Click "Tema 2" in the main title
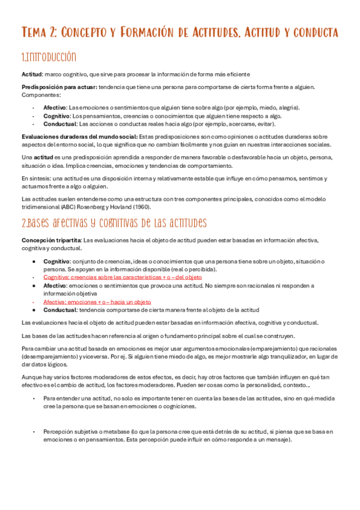coord(40,32)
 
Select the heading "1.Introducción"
coord(49,58)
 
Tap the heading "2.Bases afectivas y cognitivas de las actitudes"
coord(114,223)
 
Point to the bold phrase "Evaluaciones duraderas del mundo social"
coord(79,137)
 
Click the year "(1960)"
coord(139,207)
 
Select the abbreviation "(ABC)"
coord(70,207)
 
